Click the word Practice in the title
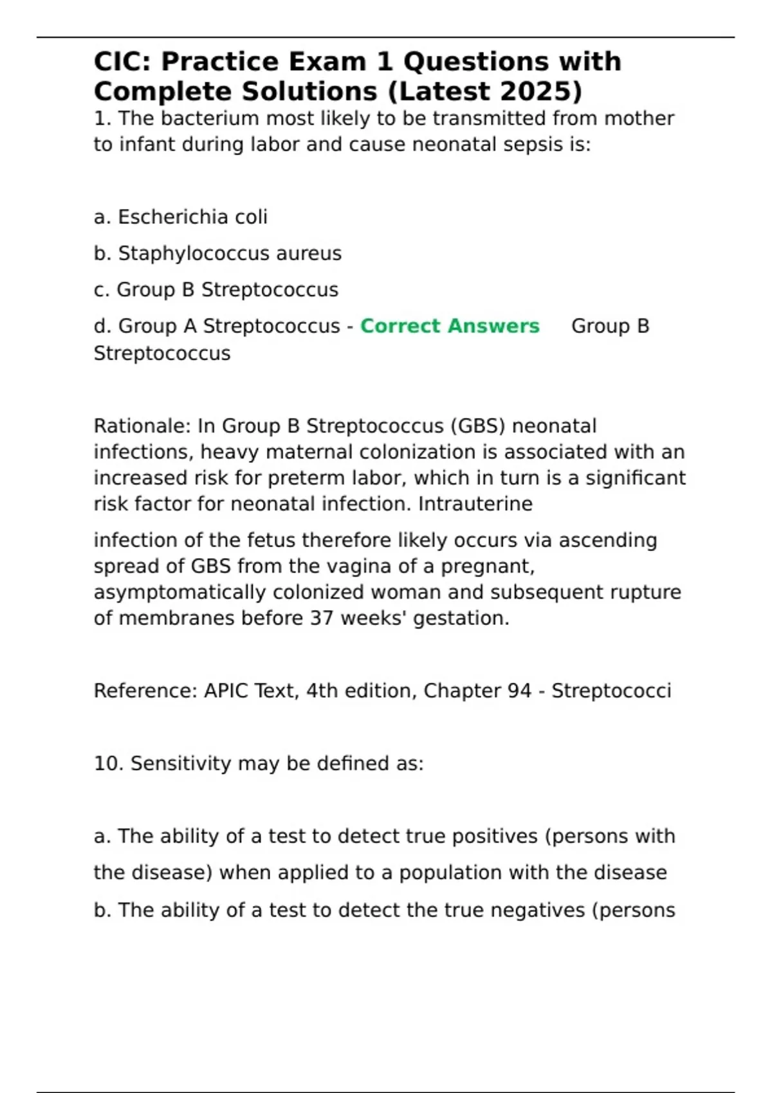coord(219,62)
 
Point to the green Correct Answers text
coord(450,326)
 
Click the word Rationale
coord(142,426)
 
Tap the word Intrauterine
coord(475,504)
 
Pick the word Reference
coord(145,691)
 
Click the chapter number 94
coord(519,691)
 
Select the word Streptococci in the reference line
coord(611,691)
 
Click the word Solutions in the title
coord(309,91)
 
